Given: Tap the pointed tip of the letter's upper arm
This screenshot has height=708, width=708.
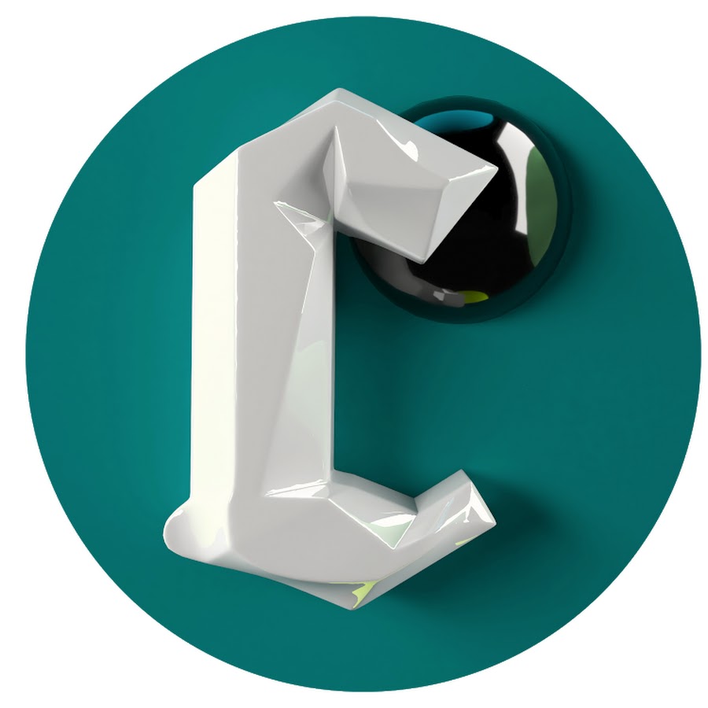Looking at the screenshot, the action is (496, 169).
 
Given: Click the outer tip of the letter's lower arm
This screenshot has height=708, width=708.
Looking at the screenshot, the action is (495, 523).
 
